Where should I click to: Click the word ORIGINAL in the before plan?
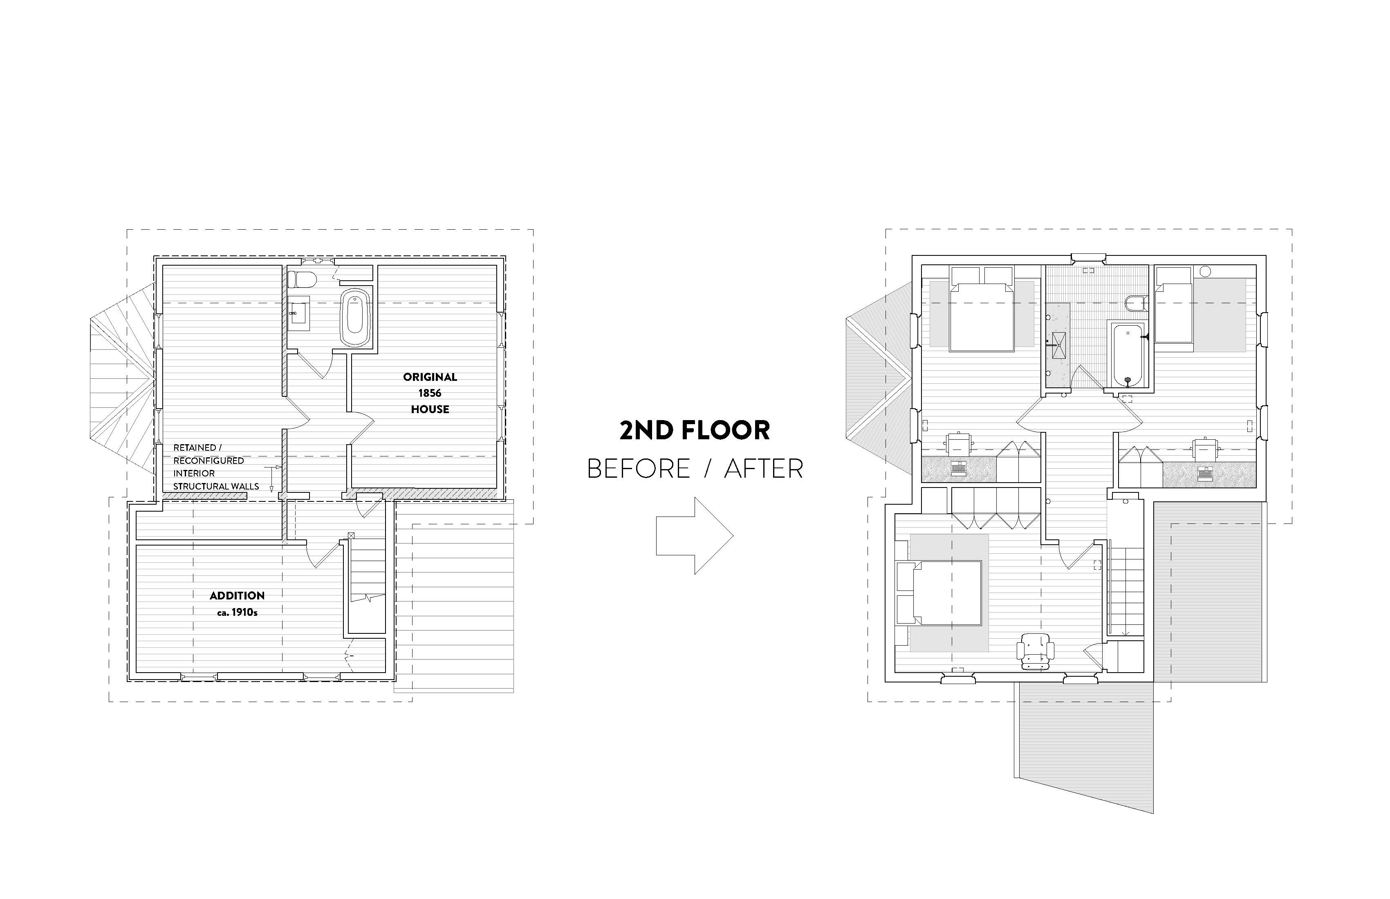(430, 377)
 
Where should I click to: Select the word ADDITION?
(237, 595)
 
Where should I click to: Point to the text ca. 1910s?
(237, 613)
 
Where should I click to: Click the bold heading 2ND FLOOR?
(695, 430)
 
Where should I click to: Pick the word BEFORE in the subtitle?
(638, 469)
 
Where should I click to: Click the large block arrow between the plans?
(695, 535)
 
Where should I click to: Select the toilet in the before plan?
(302, 280)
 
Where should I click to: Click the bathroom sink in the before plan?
(299, 313)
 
